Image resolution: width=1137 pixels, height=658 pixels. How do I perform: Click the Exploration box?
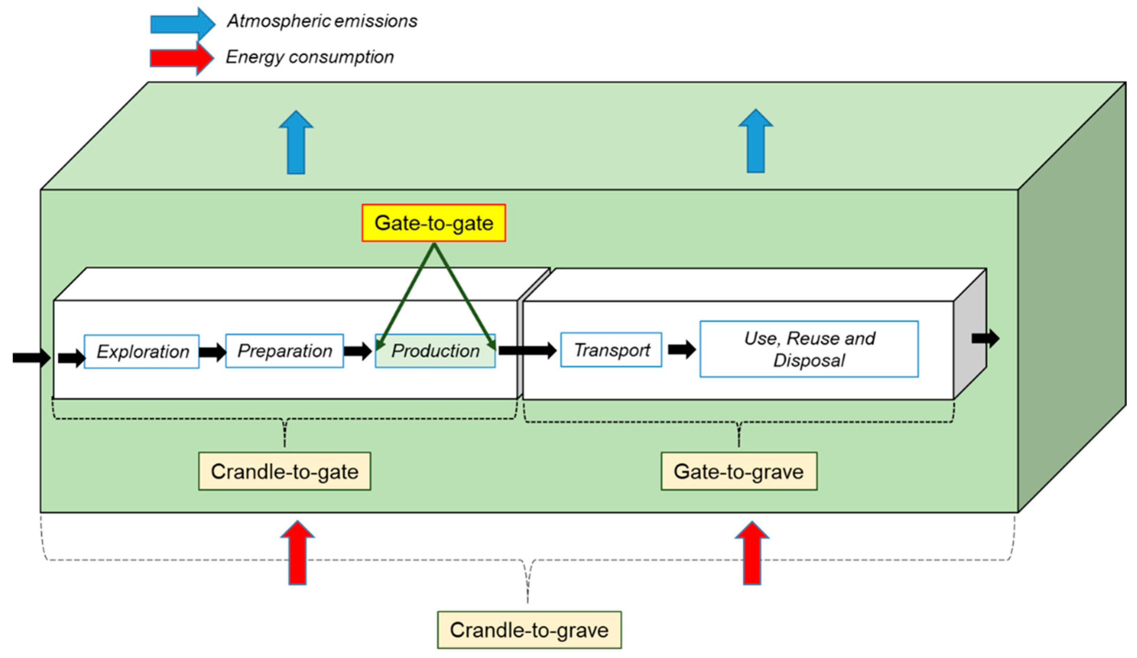(x=142, y=352)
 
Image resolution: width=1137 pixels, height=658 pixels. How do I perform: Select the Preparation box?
(x=285, y=351)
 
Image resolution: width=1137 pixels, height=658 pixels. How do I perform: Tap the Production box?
(x=435, y=351)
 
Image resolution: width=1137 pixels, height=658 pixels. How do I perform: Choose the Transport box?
(x=612, y=350)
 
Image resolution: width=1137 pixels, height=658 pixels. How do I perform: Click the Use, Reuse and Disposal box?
(x=809, y=349)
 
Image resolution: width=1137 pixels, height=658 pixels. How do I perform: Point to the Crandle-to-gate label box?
(x=285, y=471)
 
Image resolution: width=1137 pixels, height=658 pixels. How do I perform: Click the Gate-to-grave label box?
(x=739, y=471)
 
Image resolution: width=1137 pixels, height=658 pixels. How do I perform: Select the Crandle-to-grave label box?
(x=529, y=630)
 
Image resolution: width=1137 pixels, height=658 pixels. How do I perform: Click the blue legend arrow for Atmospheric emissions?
(x=183, y=24)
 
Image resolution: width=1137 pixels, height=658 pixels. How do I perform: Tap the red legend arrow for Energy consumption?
(x=182, y=59)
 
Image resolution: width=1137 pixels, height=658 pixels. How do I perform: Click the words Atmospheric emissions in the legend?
(x=322, y=21)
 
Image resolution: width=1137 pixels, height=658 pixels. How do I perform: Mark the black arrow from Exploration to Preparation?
(x=212, y=352)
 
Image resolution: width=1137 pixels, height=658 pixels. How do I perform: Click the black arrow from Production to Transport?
(x=528, y=350)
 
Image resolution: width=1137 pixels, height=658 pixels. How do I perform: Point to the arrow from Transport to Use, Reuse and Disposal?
(x=682, y=349)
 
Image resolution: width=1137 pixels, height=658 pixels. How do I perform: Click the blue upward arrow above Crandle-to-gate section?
(x=296, y=142)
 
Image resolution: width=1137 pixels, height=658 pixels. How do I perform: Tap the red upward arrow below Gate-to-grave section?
(x=752, y=553)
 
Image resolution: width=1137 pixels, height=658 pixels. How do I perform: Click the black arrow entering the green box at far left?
(x=32, y=358)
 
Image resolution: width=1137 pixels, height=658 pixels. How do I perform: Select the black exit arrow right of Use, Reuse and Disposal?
(x=985, y=338)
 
